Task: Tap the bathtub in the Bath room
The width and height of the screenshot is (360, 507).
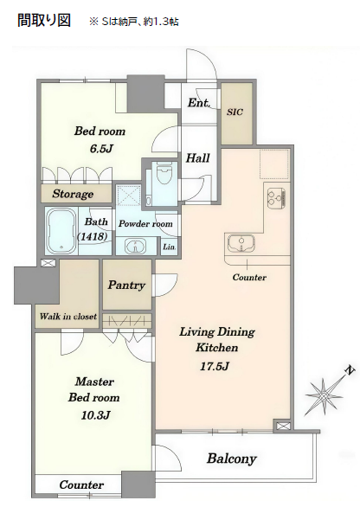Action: tap(61, 231)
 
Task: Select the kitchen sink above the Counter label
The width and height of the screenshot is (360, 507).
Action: tap(241, 243)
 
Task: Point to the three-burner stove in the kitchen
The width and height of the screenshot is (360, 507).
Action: tap(277, 198)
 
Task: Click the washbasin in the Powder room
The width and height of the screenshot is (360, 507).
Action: tap(136, 247)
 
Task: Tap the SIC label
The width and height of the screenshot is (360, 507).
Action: tap(235, 112)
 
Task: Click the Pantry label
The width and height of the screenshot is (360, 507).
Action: tap(126, 285)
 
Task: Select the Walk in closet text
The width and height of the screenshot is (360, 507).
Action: tap(67, 316)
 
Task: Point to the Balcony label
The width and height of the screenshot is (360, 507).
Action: tap(232, 459)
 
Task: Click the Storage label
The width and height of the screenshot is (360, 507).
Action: tap(73, 194)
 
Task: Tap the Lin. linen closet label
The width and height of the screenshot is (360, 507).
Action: tap(169, 247)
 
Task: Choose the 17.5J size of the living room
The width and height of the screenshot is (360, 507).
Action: tap(214, 366)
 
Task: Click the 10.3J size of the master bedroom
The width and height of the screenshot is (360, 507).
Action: tap(96, 414)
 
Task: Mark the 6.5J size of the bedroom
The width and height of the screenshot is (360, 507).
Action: tap(101, 149)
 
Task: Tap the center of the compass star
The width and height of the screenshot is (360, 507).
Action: tap(324, 395)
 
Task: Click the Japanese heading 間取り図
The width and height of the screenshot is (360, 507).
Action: tap(44, 20)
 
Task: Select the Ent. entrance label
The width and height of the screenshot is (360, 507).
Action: tap(198, 103)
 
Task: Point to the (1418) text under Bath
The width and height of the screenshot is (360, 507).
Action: tap(93, 236)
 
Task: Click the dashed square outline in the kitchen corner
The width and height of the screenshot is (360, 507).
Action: tap(273, 164)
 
